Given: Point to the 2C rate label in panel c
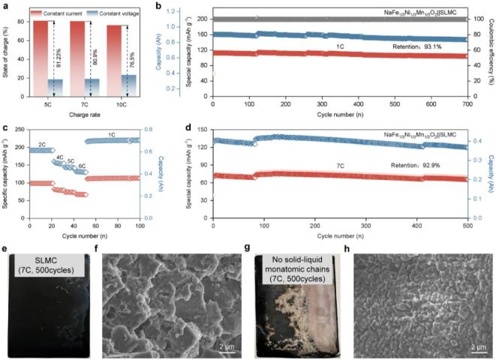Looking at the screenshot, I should [x=43, y=142].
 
